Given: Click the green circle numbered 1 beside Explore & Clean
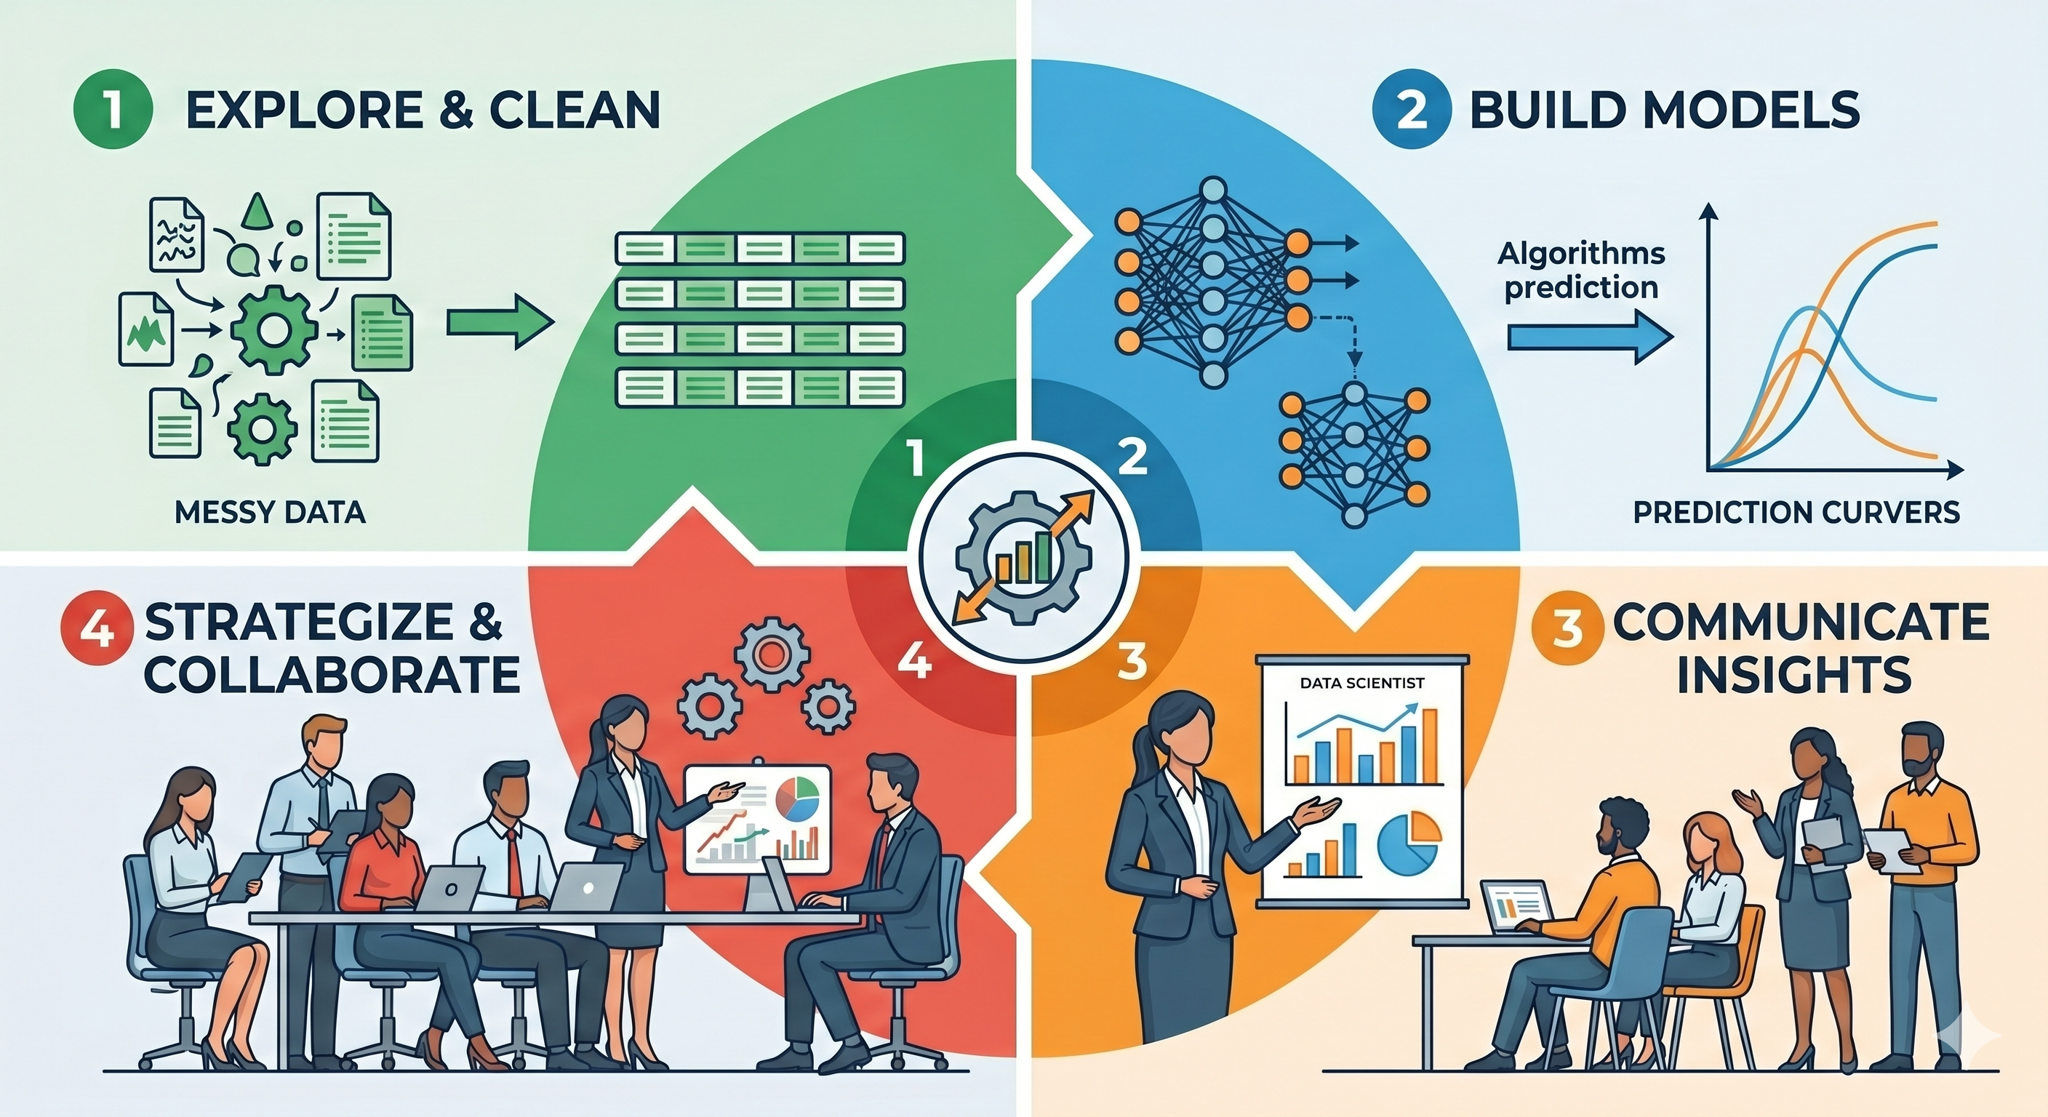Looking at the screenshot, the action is point(112,111).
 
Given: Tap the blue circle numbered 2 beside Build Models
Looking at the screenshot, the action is point(1412,111).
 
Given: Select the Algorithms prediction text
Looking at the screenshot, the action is point(1581,271).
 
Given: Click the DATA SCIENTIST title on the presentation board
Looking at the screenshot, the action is point(1361,683).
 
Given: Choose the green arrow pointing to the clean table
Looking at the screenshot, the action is point(500,321).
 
